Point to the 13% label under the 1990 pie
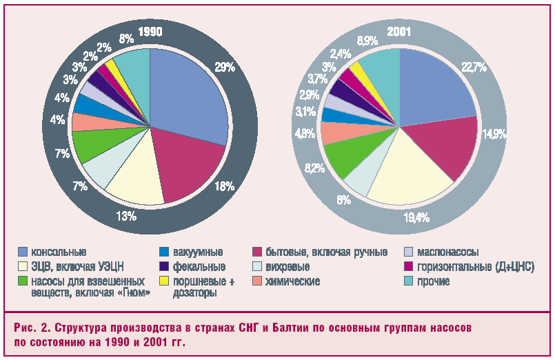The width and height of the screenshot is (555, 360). (x=125, y=217)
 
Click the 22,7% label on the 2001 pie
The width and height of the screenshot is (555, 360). (x=474, y=67)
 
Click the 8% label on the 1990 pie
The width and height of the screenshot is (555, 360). (x=127, y=39)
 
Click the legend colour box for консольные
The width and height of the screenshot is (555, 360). (x=23, y=252)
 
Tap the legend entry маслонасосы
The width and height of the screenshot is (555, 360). (x=447, y=252)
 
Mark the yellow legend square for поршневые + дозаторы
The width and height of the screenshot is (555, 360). (x=164, y=281)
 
